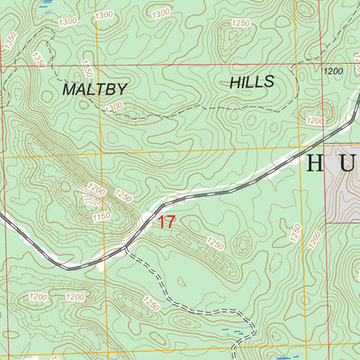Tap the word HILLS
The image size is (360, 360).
click(x=251, y=82)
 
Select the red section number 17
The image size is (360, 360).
click(x=166, y=222)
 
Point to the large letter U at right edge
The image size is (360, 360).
click(x=349, y=164)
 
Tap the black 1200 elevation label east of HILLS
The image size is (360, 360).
click(x=333, y=70)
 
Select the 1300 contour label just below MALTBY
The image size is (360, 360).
click(x=114, y=107)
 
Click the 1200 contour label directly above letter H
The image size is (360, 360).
click(x=314, y=121)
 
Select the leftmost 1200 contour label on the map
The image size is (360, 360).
click(x=36, y=297)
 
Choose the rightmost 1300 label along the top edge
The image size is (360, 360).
click(x=160, y=13)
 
